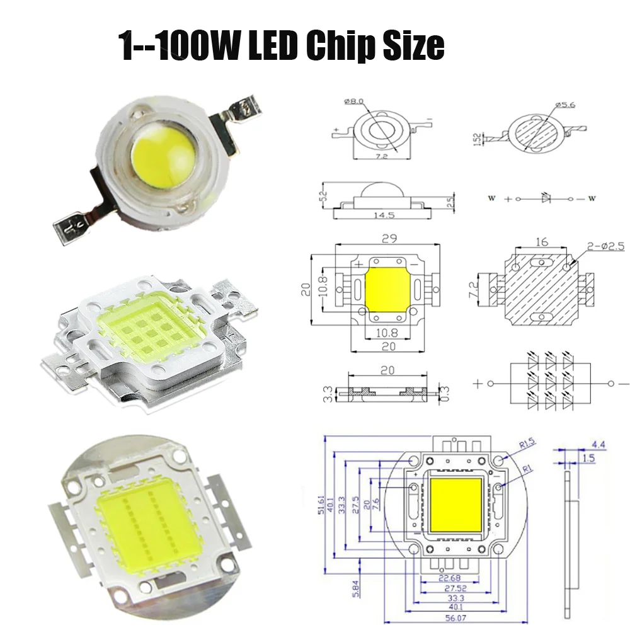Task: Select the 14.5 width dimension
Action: point(381,214)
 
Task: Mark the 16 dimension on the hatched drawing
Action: point(541,242)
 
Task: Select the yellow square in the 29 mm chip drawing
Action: point(388,284)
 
